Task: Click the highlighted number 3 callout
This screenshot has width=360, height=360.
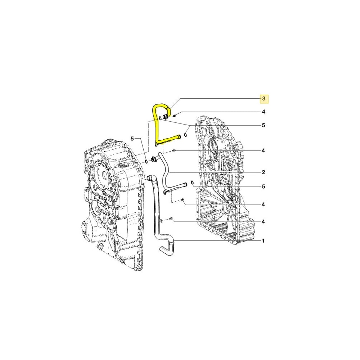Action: [264, 98]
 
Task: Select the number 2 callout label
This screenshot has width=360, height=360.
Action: [264, 172]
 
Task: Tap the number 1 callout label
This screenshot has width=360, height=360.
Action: [264, 240]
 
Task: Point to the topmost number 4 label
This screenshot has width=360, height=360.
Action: [264, 112]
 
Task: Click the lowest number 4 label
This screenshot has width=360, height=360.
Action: [264, 221]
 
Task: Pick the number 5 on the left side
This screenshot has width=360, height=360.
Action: [132, 139]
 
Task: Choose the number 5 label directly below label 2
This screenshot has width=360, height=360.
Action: [264, 186]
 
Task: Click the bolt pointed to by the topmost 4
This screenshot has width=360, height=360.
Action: [174, 116]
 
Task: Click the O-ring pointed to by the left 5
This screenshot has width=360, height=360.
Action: [146, 161]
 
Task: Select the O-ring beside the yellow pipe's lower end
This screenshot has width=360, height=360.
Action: [185, 135]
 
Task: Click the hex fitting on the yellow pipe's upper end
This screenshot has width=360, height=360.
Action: [166, 116]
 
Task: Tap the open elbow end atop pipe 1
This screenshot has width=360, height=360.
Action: [149, 178]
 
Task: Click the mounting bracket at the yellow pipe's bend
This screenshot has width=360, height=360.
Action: [157, 145]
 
